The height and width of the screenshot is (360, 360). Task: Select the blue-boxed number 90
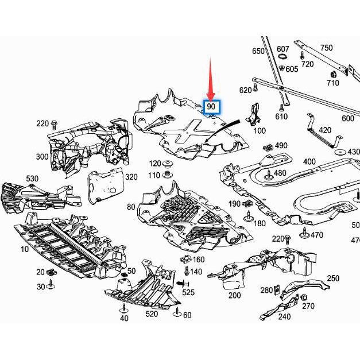tap(212, 107)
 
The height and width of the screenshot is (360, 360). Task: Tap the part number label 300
tap(42, 157)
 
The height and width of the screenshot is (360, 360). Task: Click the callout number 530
tap(32, 179)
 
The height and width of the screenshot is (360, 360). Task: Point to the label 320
tap(131, 177)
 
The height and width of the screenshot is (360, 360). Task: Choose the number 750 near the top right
tap(326, 48)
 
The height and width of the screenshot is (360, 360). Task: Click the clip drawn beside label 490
tap(266, 148)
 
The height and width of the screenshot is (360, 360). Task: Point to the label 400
tap(309, 162)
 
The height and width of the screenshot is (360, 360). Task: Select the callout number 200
tap(234, 295)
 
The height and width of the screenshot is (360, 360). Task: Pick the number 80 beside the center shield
tap(131, 206)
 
